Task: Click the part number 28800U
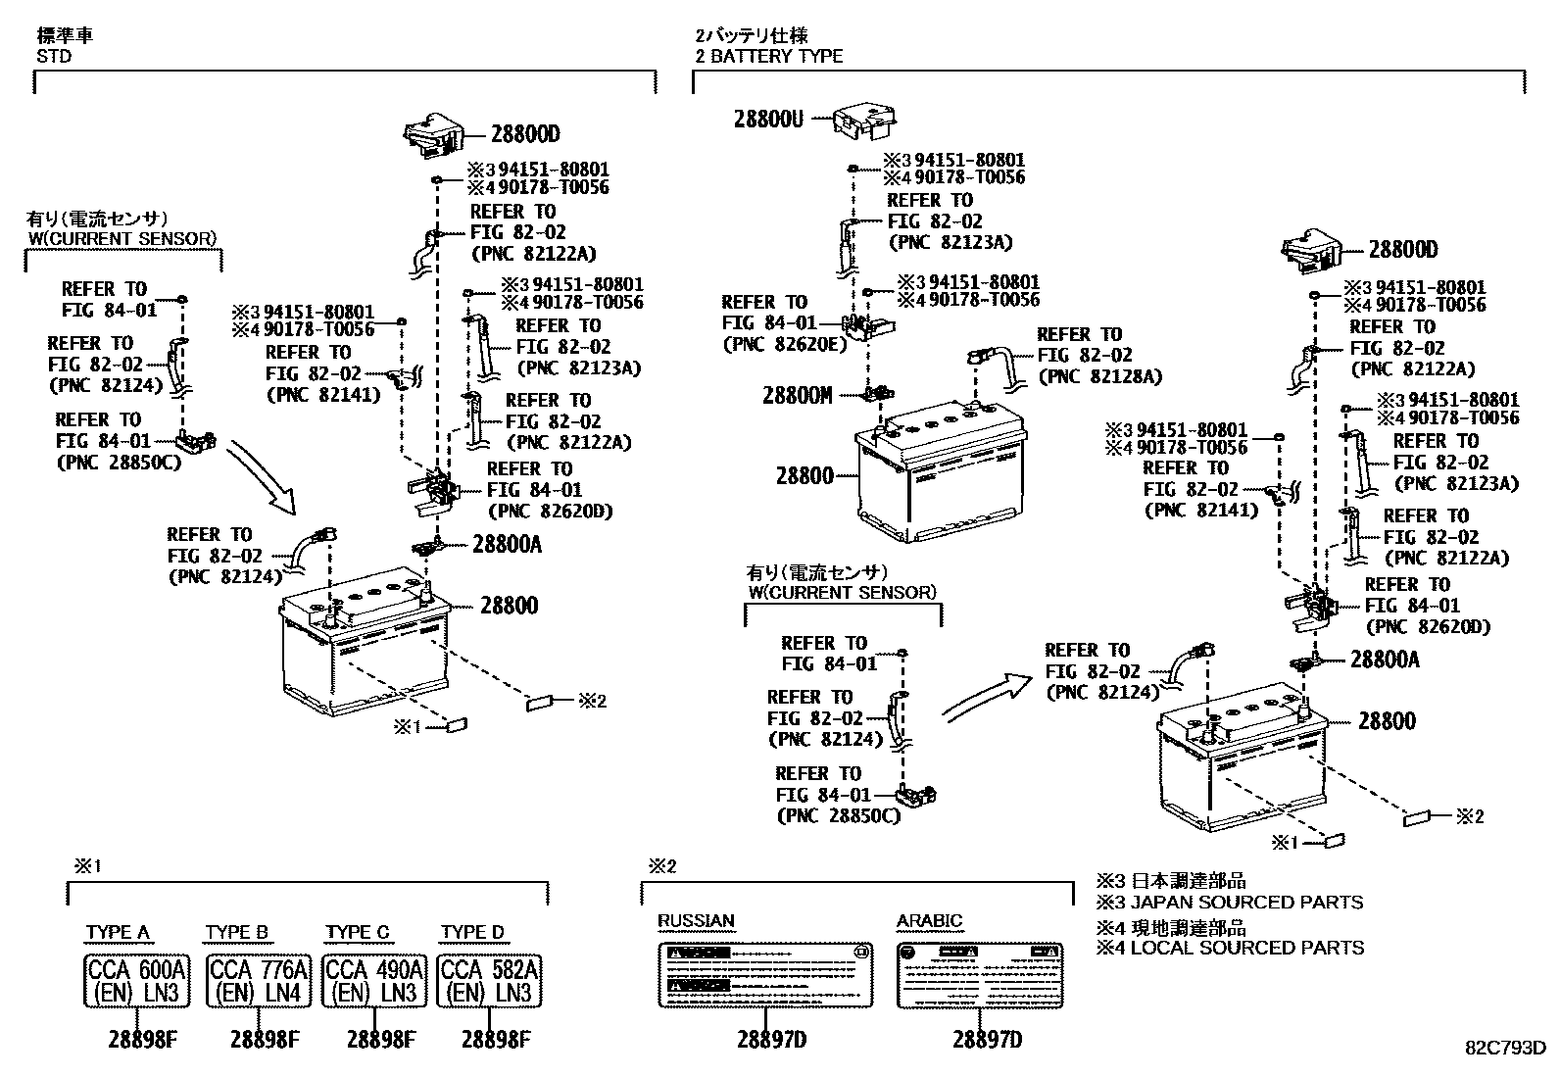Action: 769,120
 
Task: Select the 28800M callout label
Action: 798,396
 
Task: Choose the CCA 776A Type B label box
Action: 259,981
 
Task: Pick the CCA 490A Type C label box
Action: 373,981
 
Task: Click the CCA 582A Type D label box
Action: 490,981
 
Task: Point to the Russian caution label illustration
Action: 764,975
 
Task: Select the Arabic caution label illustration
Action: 981,975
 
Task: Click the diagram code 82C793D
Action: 1505,1047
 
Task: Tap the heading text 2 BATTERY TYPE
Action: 768,56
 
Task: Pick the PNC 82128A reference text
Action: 1099,376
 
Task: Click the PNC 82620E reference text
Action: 783,344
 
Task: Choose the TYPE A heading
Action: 118,932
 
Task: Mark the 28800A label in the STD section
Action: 507,544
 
